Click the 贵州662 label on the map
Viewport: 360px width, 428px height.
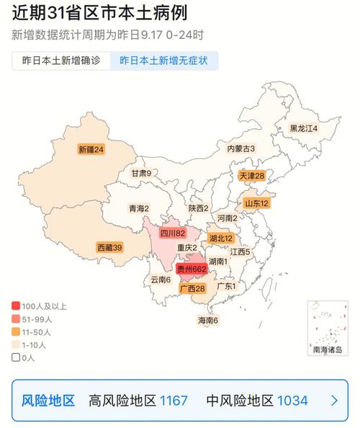pyautogui.click(x=192, y=269)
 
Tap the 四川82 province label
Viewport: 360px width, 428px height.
pyautogui.click(x=173, y=233)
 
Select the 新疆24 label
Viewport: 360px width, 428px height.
pyautogui.click(x=91, y=150)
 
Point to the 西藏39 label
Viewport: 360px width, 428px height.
pyautogui.click(x=109, y=247)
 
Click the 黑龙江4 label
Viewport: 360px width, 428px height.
pyautogui.click(x=303, y=128)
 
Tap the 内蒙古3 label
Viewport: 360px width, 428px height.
pyautogui.click(x=241, y=148)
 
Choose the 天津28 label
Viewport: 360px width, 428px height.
pyautogui.click(x=252, y=176)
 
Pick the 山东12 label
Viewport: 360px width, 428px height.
pyautogui.click(x=256, y=204)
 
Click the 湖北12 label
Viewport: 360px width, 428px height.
pyautogui.click(x=220, y=238)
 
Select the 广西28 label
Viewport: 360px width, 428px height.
pyautogui.click(x=192, y=289)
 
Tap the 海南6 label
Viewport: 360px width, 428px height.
pyautogui.click(x=208, y=320)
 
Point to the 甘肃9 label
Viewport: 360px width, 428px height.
pyautogui.click(x=141, y=173)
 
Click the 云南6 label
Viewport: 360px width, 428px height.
pyautogui.click(x=161, y=280)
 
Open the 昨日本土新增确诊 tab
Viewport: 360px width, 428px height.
pyautogui.click(x=61, y=61)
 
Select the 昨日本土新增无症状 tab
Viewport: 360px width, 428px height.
pyautogui.click(x=163, y=61)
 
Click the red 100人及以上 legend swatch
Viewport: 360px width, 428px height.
pyautogui.click(x=16, y=306)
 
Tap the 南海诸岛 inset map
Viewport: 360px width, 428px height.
pyautogui.click(x=328, y=328)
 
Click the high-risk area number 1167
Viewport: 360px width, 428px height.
pyautogui.click(x=173, y=401)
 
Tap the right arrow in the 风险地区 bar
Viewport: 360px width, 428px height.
pyautogui.click(x=334, y=401)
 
